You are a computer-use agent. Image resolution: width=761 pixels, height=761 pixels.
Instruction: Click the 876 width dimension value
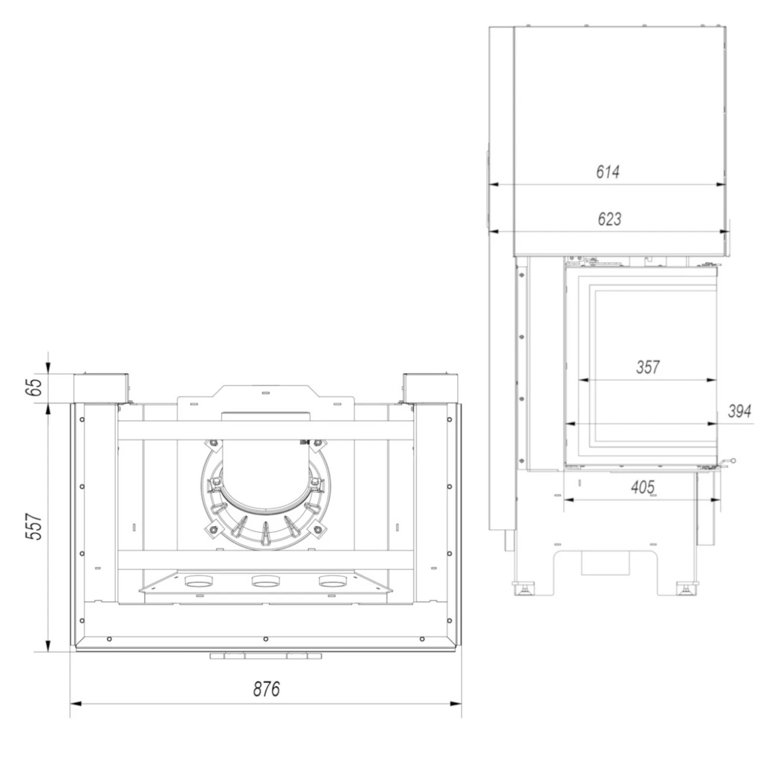[x=266, y=689]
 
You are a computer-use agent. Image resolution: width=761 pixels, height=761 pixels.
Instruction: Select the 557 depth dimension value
[x=36, y=527]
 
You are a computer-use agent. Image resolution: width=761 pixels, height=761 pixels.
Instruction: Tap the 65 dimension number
[x=36, y=387]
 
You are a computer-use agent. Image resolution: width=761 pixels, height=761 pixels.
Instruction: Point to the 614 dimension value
[x=608, y=172]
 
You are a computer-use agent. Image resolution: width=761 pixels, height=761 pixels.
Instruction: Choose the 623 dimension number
[x=609, y=219]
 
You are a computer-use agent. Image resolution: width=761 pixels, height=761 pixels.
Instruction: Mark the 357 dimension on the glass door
[x=647, y=367]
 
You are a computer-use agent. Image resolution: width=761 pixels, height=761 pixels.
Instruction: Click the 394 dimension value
[x=739, y=411]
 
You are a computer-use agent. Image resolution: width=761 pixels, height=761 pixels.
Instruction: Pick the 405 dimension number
[x=643, y=487]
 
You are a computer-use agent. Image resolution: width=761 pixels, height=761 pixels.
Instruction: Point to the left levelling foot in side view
[x=525, y=589]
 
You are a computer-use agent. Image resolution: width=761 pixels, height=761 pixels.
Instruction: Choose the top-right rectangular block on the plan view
[x=430, y=388]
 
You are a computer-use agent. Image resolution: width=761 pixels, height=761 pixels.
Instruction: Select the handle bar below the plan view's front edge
[x=265, y=656]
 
